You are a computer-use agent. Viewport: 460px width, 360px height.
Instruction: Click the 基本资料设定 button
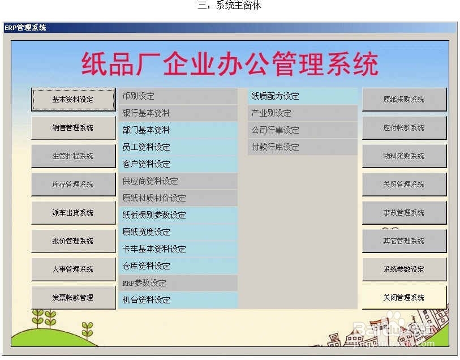point(74,100)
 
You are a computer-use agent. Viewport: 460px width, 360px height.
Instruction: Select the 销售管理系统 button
point(74,127)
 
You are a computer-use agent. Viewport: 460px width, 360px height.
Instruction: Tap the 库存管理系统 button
point(74,185)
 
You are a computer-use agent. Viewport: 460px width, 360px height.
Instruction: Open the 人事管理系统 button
point(74,269)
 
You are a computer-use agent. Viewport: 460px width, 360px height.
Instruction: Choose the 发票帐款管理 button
point(74,298)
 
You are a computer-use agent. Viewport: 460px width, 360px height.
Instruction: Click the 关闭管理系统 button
point(404,298)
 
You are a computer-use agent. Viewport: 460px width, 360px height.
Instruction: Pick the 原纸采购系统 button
point(404,100)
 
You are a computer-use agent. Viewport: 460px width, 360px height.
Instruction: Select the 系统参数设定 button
point(404,269)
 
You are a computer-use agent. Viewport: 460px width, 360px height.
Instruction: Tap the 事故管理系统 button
point(404,212)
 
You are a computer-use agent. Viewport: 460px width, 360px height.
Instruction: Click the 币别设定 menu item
point(178,96)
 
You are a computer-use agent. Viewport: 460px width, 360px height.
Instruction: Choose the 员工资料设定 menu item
point(178,147)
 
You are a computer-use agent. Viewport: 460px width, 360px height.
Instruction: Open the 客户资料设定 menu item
point(178,164)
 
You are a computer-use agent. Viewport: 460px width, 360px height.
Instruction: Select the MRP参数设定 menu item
point(178,283)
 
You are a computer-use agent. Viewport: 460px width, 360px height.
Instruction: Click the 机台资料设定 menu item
point(178,300)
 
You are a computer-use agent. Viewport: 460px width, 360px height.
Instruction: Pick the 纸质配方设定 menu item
point(303,96)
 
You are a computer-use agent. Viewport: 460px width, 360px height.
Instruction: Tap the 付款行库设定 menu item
point(303,147)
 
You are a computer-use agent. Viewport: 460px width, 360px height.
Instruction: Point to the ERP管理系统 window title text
point(25,28)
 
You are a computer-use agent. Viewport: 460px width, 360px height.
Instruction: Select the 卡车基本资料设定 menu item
point(178,249)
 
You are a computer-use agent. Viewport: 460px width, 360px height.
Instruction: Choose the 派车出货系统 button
point(74,212)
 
